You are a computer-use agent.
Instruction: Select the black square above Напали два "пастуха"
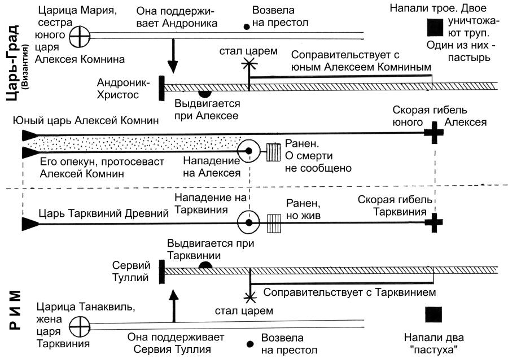[x=433, y=315]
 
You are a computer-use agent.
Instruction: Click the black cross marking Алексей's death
[x=433, y=134]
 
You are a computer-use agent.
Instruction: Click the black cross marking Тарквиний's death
[x=433, y=222]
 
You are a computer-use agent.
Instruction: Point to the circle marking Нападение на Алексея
[x=247, y=151]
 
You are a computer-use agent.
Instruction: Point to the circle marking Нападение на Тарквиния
[x=247, y=222]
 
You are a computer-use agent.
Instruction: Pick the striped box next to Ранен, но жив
[x=274, y=220]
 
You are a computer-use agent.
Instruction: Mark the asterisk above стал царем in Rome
[x=248, y=296]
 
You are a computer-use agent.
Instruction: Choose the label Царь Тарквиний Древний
[x=104, y=213]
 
